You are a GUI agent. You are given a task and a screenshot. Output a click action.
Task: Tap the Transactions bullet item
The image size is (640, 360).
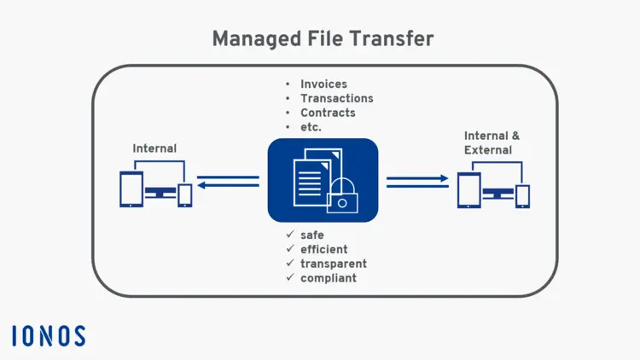[336, 98]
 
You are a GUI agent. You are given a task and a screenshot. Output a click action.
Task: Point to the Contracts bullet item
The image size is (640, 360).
[328, 113]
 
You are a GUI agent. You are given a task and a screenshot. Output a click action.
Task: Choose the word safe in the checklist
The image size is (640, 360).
[312, 235]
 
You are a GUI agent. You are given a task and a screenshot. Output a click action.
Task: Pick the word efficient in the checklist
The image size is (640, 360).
[323, 249]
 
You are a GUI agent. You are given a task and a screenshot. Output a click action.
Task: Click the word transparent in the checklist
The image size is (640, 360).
[334, 264]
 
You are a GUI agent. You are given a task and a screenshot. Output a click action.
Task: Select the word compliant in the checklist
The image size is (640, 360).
[329, 278]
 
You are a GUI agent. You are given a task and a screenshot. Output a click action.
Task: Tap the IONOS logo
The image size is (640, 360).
[49, 335]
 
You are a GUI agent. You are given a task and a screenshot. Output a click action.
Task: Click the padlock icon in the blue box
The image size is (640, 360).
[342, 197]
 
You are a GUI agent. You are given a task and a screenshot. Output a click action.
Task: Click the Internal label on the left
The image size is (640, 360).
[154, 148]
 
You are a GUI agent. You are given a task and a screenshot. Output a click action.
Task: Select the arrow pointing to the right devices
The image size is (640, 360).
[417, 181]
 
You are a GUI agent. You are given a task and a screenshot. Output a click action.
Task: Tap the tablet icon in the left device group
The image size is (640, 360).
[131, 189]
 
